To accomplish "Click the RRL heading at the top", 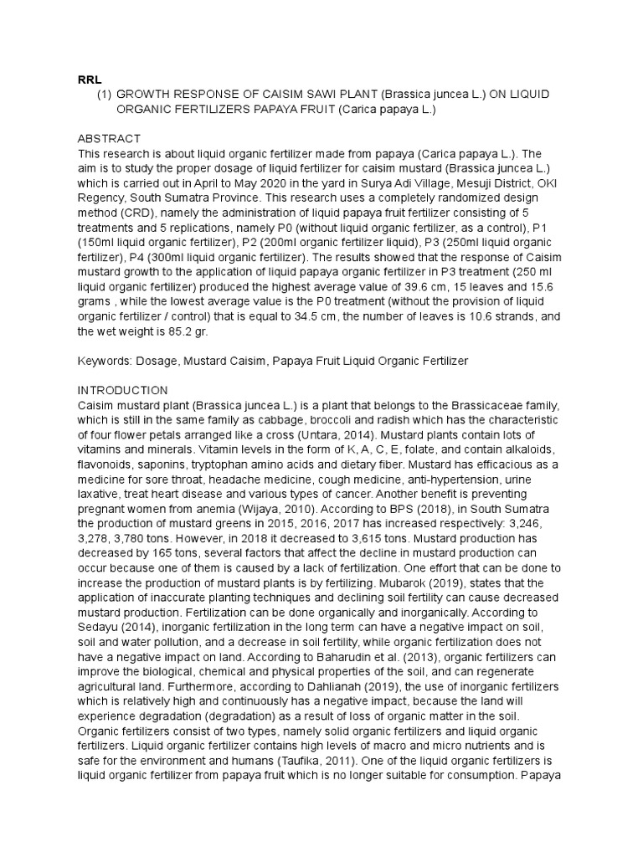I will point(90,79).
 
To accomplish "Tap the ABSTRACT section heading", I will point(110,138).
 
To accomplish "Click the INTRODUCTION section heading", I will point(123,390).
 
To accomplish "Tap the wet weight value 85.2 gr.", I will point(188,331).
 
